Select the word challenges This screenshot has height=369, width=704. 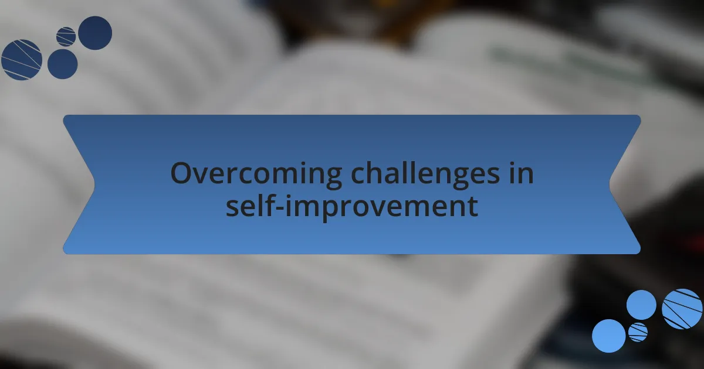pyautogui.click(x=425, y=173)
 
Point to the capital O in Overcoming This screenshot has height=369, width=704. pyautogui.click(x=182, y=173)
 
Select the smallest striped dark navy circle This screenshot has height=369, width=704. pyautogui.click(x=66, y=37)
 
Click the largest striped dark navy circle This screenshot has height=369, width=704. pyautogui.click(x=22, y=60)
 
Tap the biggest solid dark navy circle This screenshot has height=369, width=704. pyautogui.click(x=95, y=33)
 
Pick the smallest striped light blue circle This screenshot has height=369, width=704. pyautogui.click(x=638, y=332)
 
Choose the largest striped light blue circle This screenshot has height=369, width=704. pyautogui.click(x=682, y=309)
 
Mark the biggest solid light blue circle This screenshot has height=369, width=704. pyautogui.click(x=609, y=336)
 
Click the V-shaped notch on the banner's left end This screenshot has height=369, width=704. pyautogui.click(x=94, y=184)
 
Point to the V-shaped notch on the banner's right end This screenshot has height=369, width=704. pyautogui.click(x=610, y=184)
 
